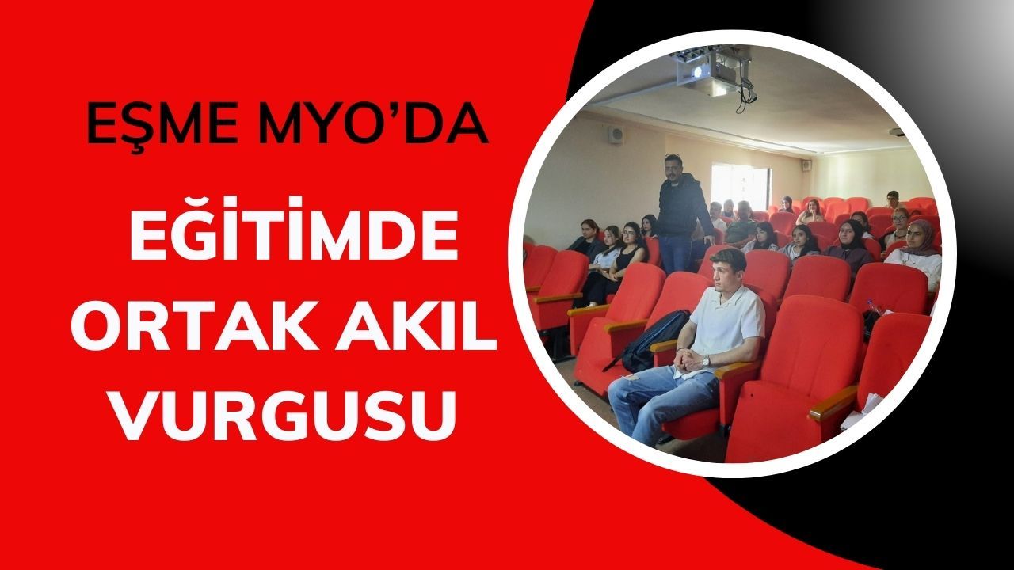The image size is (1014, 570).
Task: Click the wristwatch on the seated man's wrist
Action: (x=705, y=360)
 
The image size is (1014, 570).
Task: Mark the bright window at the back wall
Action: (x=740, y=185)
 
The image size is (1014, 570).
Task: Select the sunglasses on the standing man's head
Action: (x=673, y=156)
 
